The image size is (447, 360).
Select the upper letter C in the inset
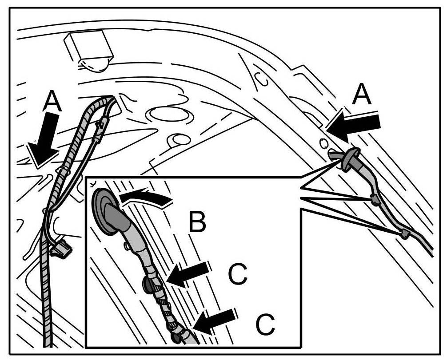click(x=237, y=275)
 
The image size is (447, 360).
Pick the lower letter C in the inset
click(x=265, y=325)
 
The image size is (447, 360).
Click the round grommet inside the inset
click(x=105, y=210)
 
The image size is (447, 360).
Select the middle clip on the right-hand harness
click(x=376, y=200)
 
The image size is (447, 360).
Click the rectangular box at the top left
click(x=88, y=46)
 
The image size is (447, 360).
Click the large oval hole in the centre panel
click(x=169, y=115)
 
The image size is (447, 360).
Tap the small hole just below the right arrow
click(x=323, y=143)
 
